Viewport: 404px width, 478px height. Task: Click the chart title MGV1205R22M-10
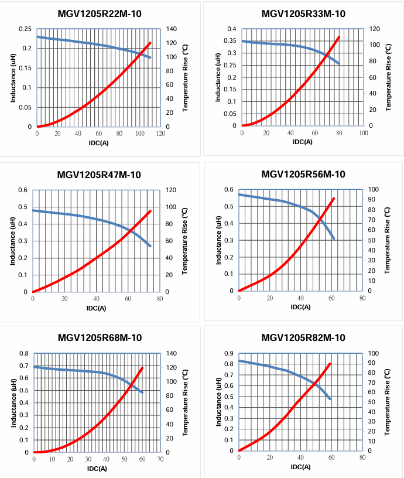click(x=99, y=14)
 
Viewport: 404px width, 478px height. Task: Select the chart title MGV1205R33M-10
click(x=303, y=14)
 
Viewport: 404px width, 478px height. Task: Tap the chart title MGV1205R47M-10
click(x=99, y=175)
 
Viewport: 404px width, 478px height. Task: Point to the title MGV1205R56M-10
click(x=303, y=175)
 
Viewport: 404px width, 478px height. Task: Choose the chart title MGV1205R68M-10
click(x=99, y=337)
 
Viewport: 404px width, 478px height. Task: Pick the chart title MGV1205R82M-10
click(x=303, y=337)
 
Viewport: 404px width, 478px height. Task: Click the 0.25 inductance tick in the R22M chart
click(x=25, y=29)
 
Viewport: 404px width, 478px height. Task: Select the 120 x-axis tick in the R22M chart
click(x=160, y=134)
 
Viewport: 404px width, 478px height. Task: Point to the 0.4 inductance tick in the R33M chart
click(x=231, y=29)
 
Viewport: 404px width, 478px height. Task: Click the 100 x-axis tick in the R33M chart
click(x=363, y=133)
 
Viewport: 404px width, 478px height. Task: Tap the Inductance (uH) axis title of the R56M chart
click(x=218, y=240)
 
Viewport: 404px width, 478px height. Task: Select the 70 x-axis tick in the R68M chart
click(x=160, y=459)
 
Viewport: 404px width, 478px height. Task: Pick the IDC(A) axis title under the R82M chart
click(x=302, y=467)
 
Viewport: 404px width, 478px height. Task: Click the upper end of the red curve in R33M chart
click(x=339, y=37)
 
